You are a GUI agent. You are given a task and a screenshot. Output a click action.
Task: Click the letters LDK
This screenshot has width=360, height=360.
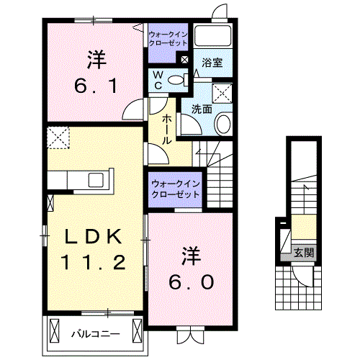92,236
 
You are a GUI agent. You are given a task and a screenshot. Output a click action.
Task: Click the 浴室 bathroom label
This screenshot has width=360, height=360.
212,63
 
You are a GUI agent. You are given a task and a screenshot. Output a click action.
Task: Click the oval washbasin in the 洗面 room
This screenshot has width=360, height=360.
222,124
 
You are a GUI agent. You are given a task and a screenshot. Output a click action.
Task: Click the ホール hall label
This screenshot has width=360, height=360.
166,130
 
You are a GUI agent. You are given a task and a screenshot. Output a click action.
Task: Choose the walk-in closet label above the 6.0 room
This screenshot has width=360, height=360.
175,190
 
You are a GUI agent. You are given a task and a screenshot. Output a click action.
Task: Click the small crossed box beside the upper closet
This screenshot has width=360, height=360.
185,60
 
